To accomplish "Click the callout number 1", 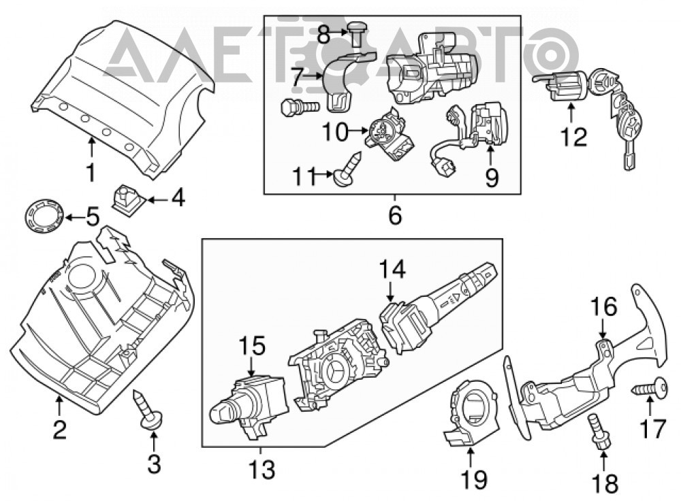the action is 91,172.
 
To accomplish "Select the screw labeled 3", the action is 147,409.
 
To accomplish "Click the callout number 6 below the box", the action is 394,215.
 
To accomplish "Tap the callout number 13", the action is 262,470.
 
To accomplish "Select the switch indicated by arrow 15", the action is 249,405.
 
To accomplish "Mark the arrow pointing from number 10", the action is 359,130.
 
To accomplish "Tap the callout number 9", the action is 491,177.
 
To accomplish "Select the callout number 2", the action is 59,429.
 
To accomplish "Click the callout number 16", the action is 603,306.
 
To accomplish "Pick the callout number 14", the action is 392,269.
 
